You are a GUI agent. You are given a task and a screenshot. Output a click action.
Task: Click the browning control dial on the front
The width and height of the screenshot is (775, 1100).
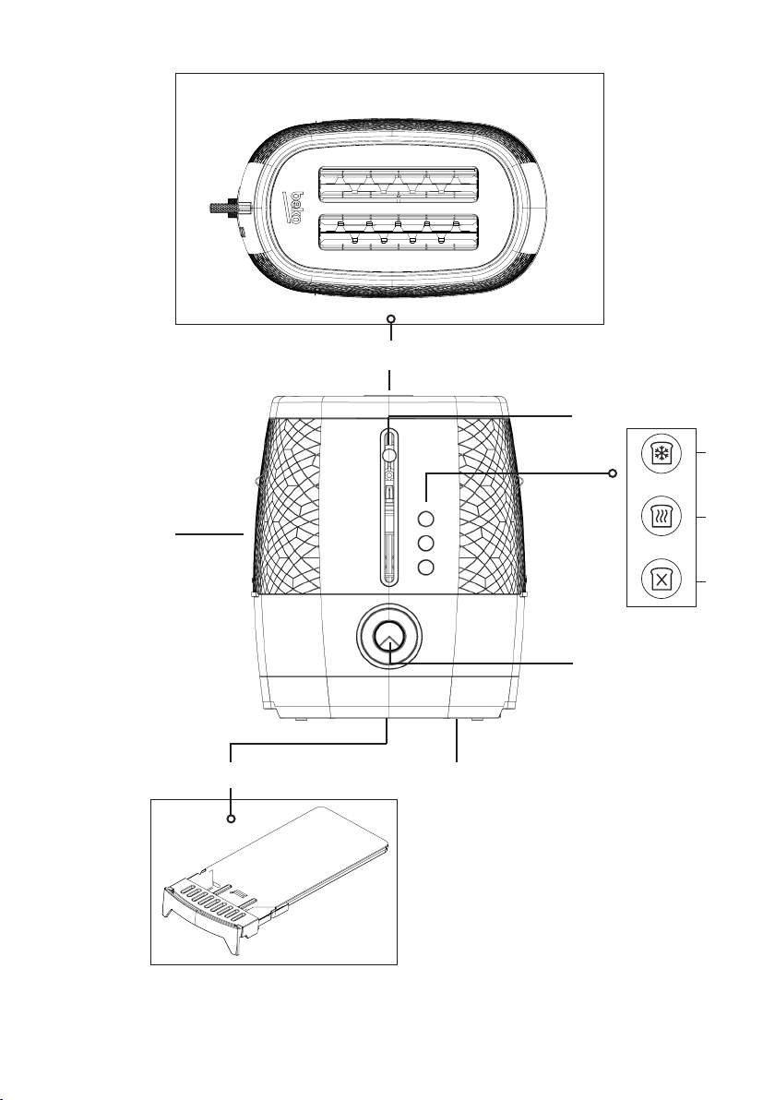[x=389, y=637]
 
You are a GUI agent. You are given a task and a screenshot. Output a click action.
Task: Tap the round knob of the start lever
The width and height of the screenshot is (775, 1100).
[x=388, y=454]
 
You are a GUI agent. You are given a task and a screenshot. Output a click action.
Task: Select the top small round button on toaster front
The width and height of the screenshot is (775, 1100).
[x=425, y=519]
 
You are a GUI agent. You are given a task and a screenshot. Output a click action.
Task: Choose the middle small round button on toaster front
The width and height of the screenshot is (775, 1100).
[x=425, y=544]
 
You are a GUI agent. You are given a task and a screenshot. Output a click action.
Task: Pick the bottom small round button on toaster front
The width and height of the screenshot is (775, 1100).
[x=425, y=568]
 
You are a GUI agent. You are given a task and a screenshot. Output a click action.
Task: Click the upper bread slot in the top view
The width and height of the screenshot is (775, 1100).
[x=399, y=183]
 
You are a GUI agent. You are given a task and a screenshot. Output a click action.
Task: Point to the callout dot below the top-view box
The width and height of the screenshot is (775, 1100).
[x=391, y=319]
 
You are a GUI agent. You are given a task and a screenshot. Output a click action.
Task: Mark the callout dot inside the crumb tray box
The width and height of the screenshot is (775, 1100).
[x=231, y=819]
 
